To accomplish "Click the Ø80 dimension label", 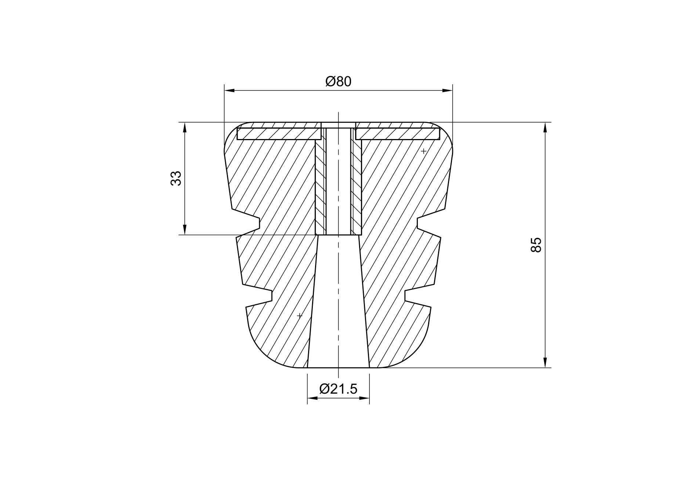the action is pos(338,81).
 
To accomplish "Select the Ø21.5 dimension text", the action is pos(338,389).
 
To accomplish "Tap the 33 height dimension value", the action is pos(176,178).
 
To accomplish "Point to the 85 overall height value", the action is pos(536,245).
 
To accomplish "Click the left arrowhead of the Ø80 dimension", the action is pos(229,91).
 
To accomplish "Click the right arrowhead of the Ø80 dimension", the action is pos(448,91).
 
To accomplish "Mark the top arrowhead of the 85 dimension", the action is pos(545,127).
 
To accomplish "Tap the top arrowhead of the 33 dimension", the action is pos(185,127).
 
